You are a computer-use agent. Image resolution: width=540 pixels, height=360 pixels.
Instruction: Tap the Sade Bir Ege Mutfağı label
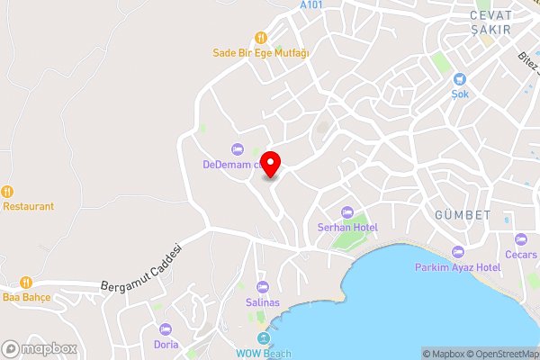pos(261,53)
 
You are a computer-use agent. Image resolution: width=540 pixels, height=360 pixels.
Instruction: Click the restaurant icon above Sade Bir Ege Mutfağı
pos(261,38)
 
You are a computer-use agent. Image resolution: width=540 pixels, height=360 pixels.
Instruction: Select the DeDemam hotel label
pos(231,165)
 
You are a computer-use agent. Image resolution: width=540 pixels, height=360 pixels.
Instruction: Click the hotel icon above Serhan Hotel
pos(341,211)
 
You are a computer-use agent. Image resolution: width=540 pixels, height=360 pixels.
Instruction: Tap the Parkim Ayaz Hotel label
pos(457,268)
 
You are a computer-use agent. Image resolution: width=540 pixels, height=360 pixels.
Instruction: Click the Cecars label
pos(521,254)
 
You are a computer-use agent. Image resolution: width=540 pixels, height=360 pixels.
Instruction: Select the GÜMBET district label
pos(462,215)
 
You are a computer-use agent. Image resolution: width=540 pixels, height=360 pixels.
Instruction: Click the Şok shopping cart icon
pos(460,79)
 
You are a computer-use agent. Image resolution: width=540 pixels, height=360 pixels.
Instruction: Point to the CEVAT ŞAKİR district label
pos(490,22)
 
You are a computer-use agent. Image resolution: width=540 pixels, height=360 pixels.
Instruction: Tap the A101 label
pos(311,5)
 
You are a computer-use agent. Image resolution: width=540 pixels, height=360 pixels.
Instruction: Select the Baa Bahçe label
pos(26,296)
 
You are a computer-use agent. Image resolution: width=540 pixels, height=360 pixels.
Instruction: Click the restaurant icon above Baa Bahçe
pos(26,281)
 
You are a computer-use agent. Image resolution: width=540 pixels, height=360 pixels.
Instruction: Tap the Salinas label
pos(263,302)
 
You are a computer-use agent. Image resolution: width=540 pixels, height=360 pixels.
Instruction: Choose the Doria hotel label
pos(166,345)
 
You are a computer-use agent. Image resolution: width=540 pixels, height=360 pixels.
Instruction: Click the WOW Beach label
pos(265,354)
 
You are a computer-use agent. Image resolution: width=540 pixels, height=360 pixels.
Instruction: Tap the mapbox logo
pos(38,348)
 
